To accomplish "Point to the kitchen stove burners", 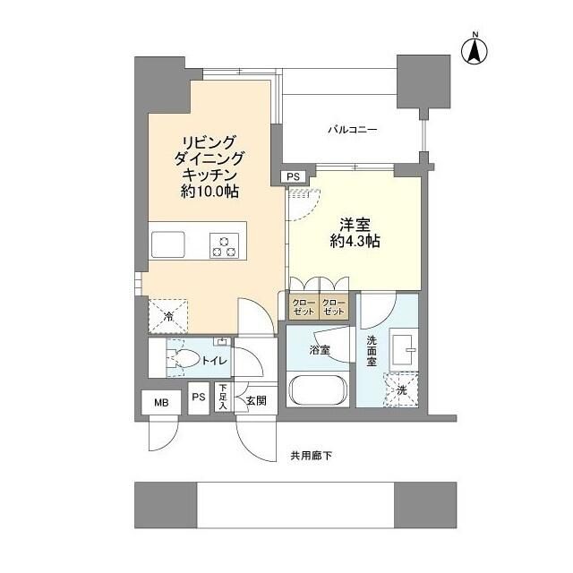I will click(223, 244).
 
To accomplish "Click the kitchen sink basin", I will click(167, 244).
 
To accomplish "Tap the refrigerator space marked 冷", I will click(169, 315).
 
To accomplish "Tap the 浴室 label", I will click(320, 350).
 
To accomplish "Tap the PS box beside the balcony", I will click(294, 177).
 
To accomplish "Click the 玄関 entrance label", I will click(255, 400).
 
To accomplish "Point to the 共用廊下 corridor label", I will click(311, 454).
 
